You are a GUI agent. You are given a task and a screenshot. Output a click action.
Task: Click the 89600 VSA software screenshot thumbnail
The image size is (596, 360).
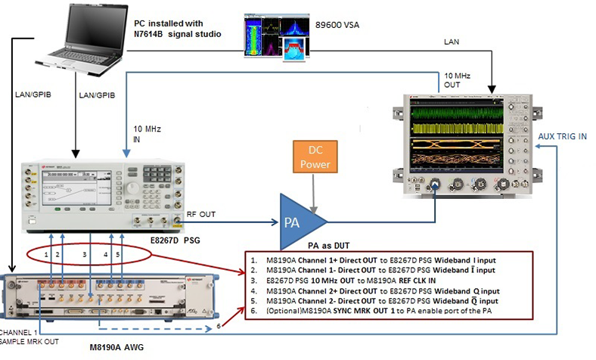[277, 36]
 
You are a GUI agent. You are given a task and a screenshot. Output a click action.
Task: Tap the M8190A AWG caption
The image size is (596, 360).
[119, 347]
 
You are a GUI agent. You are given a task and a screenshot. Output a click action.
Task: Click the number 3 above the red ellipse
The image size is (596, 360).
[85, 255]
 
